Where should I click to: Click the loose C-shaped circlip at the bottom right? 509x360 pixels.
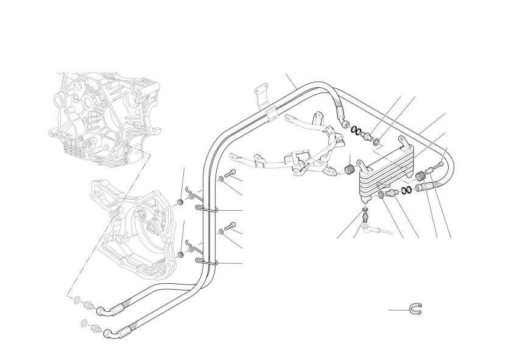pyautogui.click(x=417, y=309)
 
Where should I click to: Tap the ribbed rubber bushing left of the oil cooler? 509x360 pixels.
pyautogui.click(x=350, y=168)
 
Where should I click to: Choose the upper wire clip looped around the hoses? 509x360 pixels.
pyautogui.click(x=207, y=210)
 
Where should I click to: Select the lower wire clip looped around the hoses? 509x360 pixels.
pyautogui.click(x=207, y=263)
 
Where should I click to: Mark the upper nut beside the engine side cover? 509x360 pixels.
pyautogui.click(x=181, y=202)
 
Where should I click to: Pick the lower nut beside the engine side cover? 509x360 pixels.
pyautogui.click(x=181, y=253)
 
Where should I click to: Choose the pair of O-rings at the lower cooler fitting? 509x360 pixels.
pyautogui.click(x=407, y=189)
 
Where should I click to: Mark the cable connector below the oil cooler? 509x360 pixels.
pyautogui.click(x=370, y=229)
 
